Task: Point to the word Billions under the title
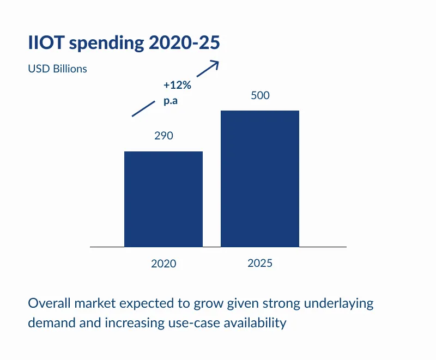click(x=68, y=69)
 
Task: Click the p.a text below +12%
click(x=171, y=101)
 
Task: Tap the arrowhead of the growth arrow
click(x=215, y=63)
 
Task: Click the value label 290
click(x=163, y=136)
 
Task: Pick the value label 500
click(x=260, y=95)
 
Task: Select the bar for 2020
click(x=163, y=199)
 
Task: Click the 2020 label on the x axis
click(x=163, y=264)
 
